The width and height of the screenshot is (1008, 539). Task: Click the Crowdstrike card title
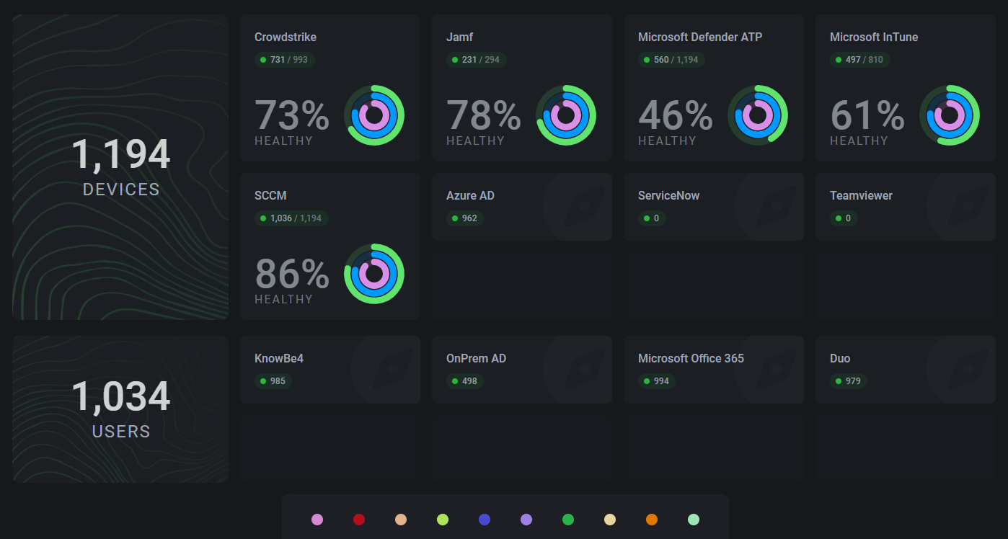[x=286, y=37]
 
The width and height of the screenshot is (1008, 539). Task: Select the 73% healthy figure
[x=292, y=116]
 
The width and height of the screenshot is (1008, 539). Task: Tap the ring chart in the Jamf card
[x=566, y=115]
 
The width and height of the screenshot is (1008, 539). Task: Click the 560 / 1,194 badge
[x=671, y=60]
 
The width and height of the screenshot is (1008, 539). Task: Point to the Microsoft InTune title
[x=874, y=37]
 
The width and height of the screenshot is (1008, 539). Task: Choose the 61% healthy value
[x=867, y=116]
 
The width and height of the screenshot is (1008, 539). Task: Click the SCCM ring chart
[x=374, y=274]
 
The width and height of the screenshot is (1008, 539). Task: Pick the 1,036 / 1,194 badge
[x=291, y=218]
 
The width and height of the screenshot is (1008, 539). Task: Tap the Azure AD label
[x=470, y=196]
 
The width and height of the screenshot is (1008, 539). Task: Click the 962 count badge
[x=465, y=218]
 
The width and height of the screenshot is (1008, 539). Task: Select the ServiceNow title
[x=668, y=196]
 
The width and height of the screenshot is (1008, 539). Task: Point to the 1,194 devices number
[x=121, y=155]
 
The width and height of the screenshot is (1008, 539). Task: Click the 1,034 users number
[x=121, y=397]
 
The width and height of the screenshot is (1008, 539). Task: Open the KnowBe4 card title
[x=279, y=359]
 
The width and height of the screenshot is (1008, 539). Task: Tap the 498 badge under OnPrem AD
[x=465, y=381]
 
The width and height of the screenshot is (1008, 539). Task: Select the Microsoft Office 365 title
[x=691, y=359]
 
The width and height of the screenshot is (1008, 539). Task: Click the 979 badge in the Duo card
[x=849, y=381]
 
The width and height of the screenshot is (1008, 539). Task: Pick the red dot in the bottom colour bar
[x=359, y=520]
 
